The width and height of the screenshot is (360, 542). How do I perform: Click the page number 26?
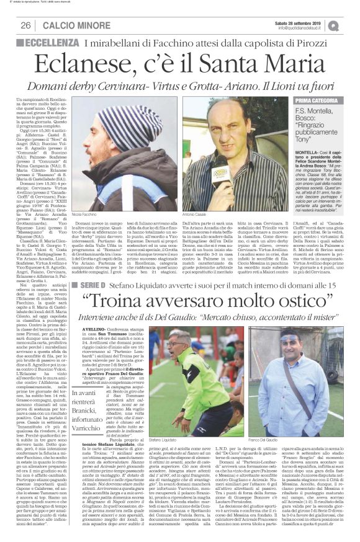click(x=27, y=25)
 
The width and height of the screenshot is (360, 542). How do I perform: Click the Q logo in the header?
click(x=351, y=25)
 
